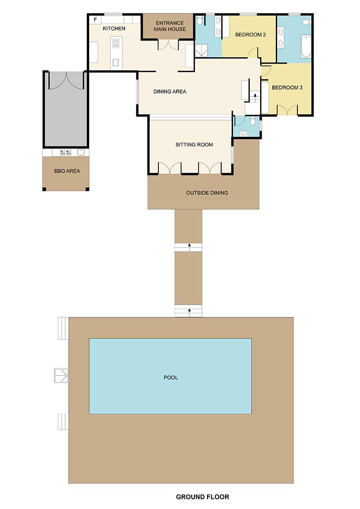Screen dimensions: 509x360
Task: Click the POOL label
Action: [171, 377]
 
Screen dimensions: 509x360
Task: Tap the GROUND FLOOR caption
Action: [202, 497]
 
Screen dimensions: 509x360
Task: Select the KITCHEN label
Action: [114, 28]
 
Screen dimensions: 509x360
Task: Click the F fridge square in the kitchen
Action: [95, 20]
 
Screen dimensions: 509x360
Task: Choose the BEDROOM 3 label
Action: [287, 87]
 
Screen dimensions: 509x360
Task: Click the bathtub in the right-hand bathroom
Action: [306, 48]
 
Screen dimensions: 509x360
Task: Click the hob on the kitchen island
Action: [116, 44]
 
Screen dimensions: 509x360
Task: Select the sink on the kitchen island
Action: [116, 63]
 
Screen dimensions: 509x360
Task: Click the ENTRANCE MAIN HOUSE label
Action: [170, 26]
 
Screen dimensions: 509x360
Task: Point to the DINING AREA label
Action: [170, 91]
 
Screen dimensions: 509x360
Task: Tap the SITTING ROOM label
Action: [194, 144]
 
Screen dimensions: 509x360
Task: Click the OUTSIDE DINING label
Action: [207, 193]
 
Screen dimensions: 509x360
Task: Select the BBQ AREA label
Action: [66, 171]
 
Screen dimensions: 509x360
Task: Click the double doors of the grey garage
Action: [66, 80]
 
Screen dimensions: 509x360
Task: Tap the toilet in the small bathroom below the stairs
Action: [253, 121]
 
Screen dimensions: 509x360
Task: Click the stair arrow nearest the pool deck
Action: [189, 310]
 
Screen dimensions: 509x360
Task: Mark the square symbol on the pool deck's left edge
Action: [60, 375]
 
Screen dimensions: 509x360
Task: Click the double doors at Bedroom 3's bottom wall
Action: [288, 110]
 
